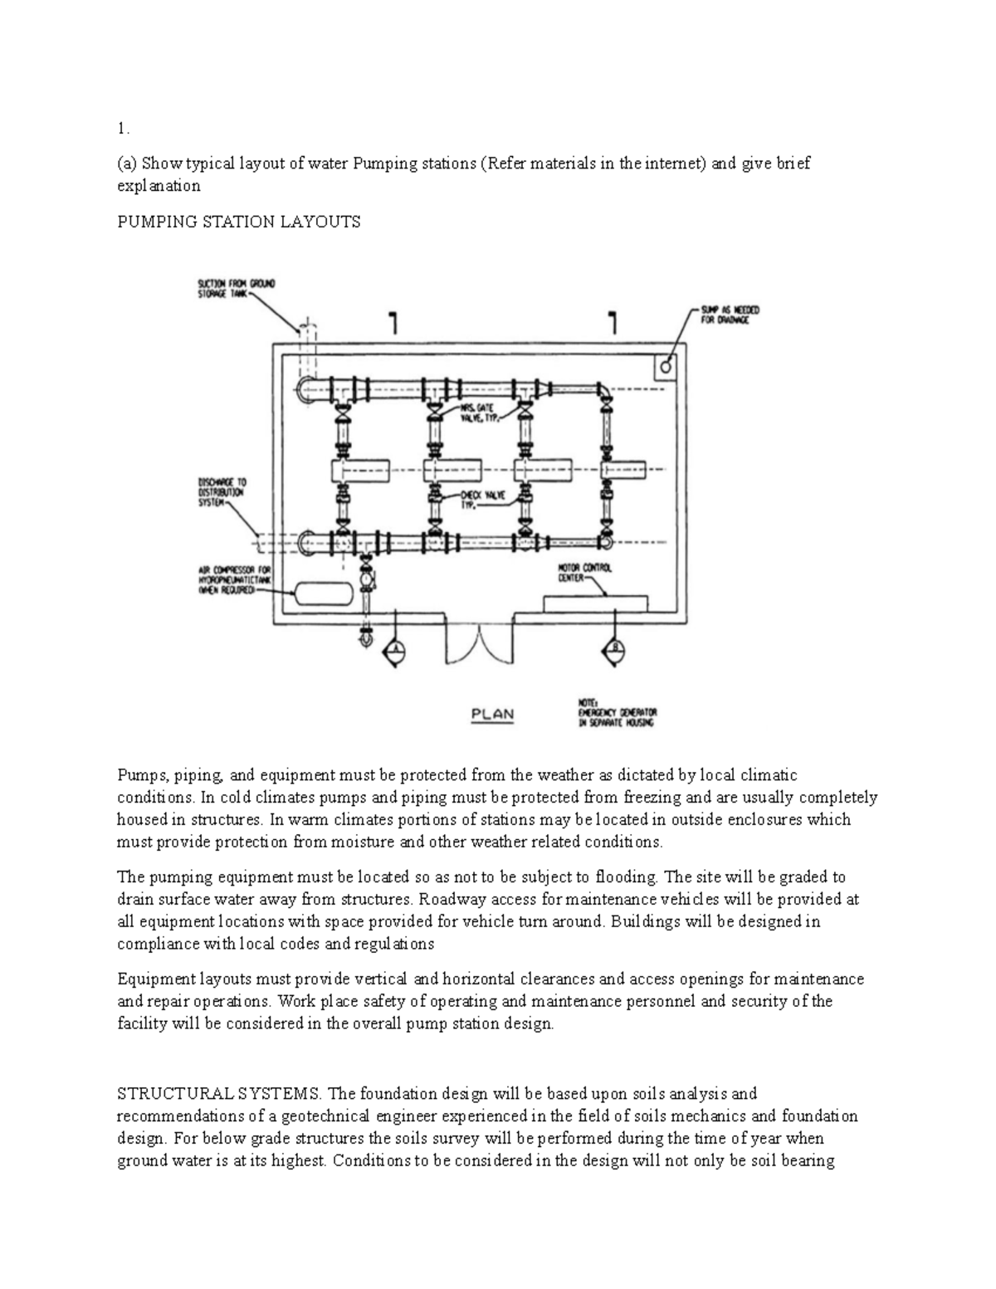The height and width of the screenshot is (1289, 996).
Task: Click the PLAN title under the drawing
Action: pyautogui.click(x=492, y=714)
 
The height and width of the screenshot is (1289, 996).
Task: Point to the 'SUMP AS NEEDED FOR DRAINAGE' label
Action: pyautogui.click(x=730, y=315)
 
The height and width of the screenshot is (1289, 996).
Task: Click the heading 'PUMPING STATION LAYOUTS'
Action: pyautogui.click(x=239, y=222)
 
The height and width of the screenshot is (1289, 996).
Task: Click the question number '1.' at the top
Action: pyautogui.click(x=124, y=129)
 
